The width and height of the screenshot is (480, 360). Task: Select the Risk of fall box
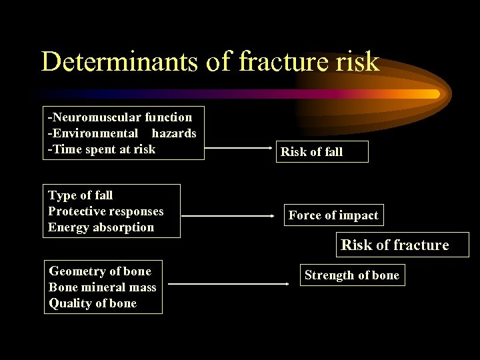311,152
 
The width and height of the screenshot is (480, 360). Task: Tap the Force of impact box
333,215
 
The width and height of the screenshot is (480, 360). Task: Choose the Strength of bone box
351,275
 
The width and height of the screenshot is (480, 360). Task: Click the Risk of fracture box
395,245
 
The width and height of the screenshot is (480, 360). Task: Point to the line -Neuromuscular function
120,117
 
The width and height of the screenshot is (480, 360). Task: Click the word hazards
174,133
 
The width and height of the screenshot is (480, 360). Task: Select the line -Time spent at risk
101,149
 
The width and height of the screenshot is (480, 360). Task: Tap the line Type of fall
81,195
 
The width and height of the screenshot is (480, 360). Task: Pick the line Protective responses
105,211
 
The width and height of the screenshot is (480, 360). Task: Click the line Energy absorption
101,227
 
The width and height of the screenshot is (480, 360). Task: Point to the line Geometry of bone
100,271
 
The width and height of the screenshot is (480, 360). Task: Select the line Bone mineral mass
103,287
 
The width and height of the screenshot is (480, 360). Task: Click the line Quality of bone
93,303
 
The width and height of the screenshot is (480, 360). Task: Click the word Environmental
93,133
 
